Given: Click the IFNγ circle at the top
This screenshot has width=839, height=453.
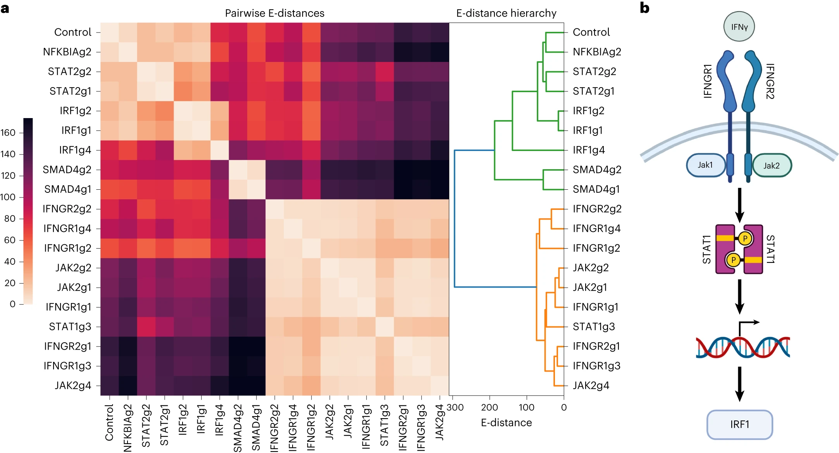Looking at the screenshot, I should tap(739, 27).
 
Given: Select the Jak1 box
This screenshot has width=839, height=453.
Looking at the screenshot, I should tap(705, 165).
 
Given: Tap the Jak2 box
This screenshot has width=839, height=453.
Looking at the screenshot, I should tap(772, 166).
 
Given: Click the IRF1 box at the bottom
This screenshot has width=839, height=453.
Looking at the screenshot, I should tap(739, 424).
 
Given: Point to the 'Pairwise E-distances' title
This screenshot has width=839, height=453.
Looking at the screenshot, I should tap(274, 13).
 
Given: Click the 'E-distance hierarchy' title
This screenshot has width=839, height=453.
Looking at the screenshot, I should tap(506, 13).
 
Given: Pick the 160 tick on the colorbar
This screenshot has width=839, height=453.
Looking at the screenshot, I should tap(8, 133).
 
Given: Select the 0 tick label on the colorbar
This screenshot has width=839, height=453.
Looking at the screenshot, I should tap(13, 304).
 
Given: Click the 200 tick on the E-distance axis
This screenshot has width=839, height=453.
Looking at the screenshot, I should tap(489, 407).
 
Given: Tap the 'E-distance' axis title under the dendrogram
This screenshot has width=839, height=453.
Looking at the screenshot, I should tap(506, 422).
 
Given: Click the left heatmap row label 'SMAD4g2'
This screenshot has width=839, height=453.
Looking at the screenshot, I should tap(67, 170).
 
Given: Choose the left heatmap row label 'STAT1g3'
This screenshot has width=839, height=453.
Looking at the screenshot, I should tap(70, 327).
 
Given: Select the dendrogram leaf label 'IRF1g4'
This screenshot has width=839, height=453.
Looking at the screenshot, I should tap(589, 150).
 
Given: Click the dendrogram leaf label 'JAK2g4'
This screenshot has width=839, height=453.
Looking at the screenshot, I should tap(591, 386).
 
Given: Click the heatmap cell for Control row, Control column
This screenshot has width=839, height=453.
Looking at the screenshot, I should tap(110, 32).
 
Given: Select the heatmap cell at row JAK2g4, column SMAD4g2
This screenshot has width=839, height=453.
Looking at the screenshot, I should tap(238, 386).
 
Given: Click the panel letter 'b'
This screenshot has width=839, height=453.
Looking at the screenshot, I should tap(644, 8).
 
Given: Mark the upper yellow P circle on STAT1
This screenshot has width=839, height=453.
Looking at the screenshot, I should tap(745, 239).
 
